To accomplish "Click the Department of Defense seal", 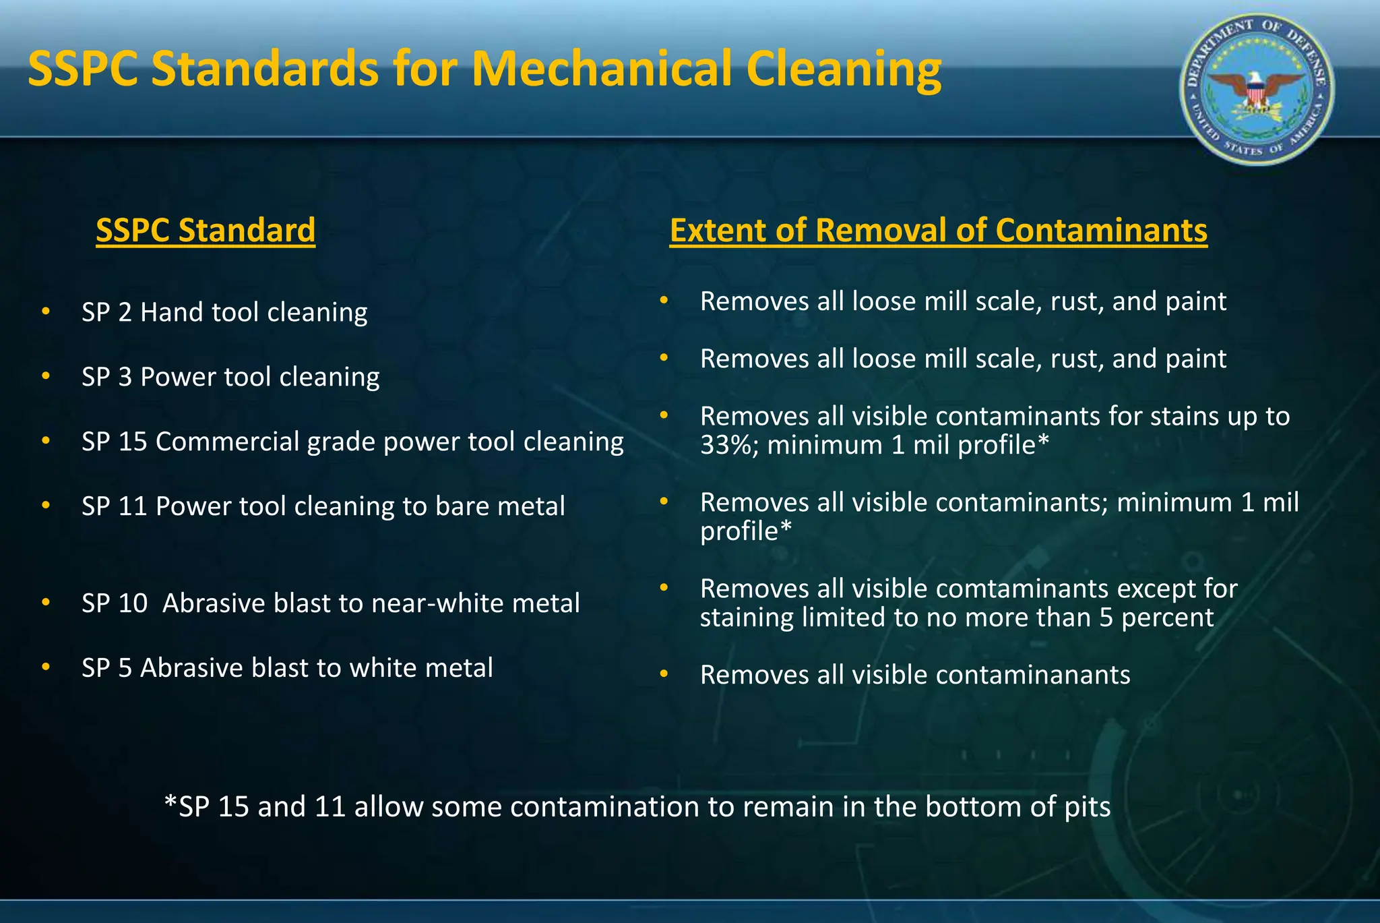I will point(1257,90).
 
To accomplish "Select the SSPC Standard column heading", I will point(206,231).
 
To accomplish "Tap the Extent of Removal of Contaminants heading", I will point(938,231).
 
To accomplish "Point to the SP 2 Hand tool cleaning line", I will point(224,313).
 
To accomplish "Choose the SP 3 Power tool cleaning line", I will point(230,377).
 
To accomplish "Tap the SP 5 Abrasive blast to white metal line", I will point(287,668).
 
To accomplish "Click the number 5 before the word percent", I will point(1106,618).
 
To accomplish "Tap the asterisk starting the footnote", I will point(170,802).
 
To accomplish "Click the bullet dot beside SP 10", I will point(46,602).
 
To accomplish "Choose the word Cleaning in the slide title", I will point(844,69).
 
